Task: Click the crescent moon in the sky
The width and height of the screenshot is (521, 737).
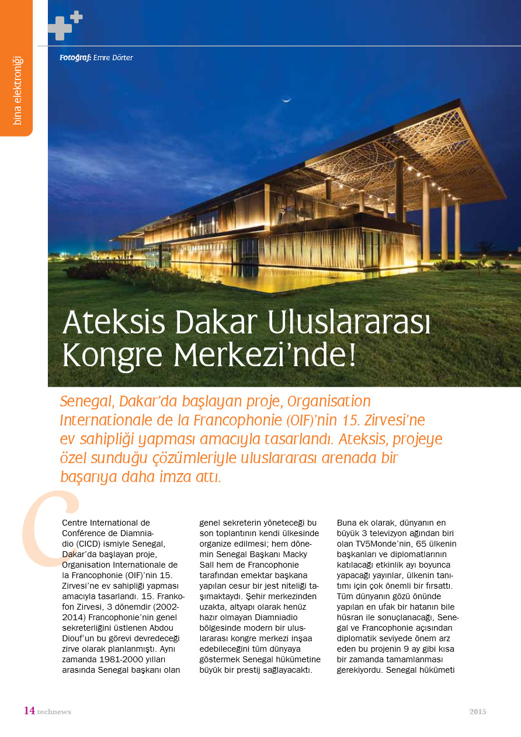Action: (x=286, y=100)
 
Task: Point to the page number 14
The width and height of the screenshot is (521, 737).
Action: (x=29, y=711)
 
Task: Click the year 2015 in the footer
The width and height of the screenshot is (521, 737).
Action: (x=477, y=711)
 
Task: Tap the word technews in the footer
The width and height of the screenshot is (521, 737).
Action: (x=54, y=712)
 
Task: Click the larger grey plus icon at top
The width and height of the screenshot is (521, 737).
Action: (x=59, y=28)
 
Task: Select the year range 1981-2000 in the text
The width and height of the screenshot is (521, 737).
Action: (x=117, y=660)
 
